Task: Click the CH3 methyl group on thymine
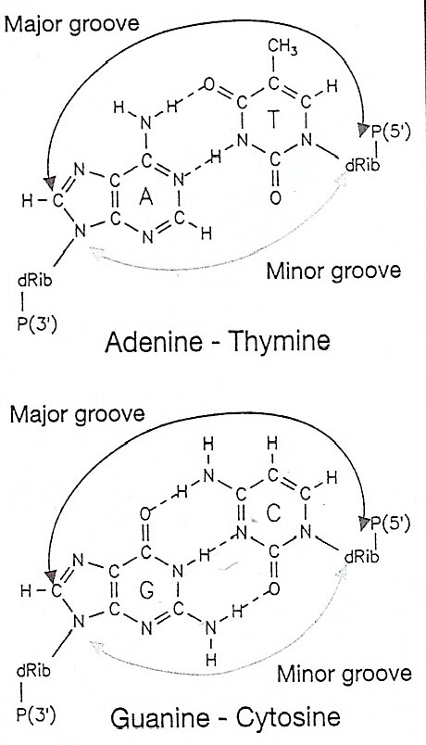point(282,48)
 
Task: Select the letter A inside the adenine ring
point(146,197)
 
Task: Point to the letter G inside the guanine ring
point(146,590)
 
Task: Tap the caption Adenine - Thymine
point(218,342)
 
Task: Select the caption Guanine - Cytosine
point(226,718)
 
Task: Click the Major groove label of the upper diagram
point(71,23)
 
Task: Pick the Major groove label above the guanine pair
point(77,414)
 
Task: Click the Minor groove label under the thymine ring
point(333,271)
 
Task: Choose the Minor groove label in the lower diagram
point(345,675)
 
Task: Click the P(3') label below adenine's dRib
point(37,324)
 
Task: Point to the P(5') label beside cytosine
point(390,525)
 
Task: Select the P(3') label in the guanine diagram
point(36,716)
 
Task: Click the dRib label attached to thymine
point(363,166)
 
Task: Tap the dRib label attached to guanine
point(33,672)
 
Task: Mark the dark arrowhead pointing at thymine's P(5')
point(363,129)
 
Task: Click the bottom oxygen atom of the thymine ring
point(275,197)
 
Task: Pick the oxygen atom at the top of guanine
point(146,514)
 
